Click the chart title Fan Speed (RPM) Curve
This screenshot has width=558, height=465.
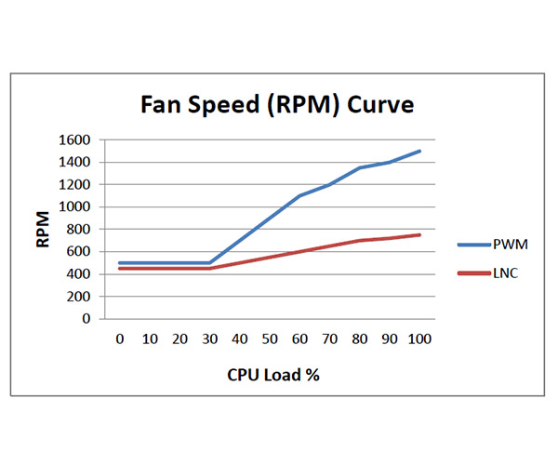click(x=277, y=103)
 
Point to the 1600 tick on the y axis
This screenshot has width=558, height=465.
click(x=73, y=140)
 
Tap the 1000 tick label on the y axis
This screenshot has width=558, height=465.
click(x=73, y=207)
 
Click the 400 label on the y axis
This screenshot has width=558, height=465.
click(x=78, y=274)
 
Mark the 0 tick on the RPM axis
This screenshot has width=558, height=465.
click(x=86, y=319)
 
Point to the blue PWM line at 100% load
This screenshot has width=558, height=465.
click(x=420, y=151)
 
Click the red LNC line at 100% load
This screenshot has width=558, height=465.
click(x=420, y=234)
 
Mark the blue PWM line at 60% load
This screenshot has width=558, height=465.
click(x=299, y=195)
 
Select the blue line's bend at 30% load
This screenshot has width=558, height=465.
click(x=209, y=263)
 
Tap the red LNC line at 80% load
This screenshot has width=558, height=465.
click(x=360, y=240)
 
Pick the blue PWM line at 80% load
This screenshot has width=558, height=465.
click(x=360, y=167)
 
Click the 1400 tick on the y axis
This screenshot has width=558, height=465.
click(x=73, y=163)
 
